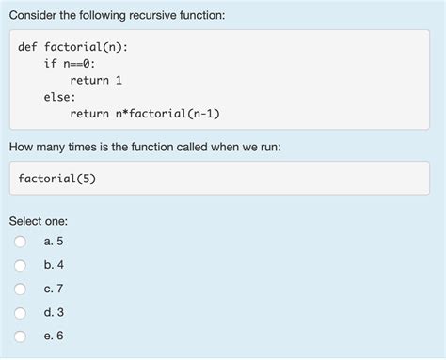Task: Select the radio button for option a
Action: click(x=21, y=242)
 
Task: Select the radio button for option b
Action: click(x=21, y=265)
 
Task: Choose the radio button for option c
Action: click(x=21, y=289)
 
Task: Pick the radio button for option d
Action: click(x=21, y=312)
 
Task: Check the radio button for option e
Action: click(x=21, y=336)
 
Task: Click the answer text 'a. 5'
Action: click(x=53, y=242)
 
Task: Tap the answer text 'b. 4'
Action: click(x=53, y=265)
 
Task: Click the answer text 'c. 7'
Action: click(x=53, y=289)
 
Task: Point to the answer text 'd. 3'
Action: click(x=53, y=312)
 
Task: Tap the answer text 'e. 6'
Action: click(x=53, y=336)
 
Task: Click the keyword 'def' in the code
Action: click(x=28, y=47)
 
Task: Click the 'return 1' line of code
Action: click(x=96, y=81)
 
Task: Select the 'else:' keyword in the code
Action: click(x=59, y=97)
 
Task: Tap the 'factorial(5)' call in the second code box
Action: click(x=56, y=179)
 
